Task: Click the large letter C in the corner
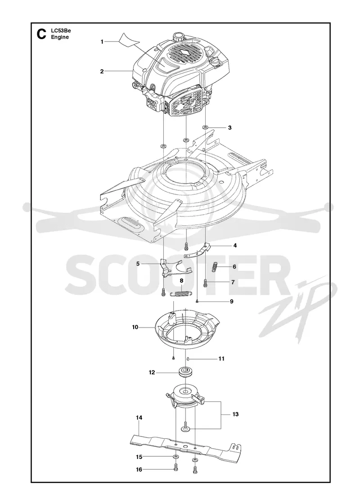[x=41, y=34]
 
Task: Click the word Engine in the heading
[x=60, y=37]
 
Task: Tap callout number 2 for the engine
[x=102, y=72]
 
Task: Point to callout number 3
[x=229, y=128]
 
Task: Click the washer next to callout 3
[x=205, y=127]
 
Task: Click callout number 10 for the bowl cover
[x=135, y=327]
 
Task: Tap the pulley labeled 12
[x=186, y=373]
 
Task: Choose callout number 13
[x=236, y=414]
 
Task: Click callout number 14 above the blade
[x=139, y=418]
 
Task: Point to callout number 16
[x=139, y=470]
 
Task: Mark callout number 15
[x=139, y=457]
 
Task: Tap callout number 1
[x=102, y=42]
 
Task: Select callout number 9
[x=231, y=301]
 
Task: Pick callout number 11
[x=221, y=358]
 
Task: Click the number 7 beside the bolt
[x=233, y=282]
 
